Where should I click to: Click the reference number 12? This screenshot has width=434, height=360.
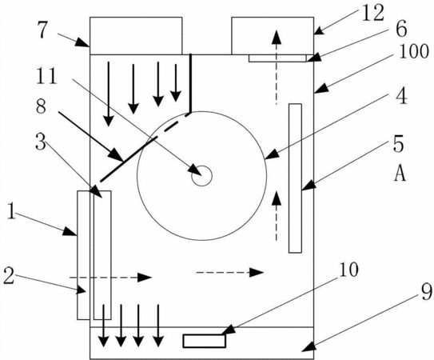tap(373, 13)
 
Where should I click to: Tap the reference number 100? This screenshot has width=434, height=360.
tap(414, 51)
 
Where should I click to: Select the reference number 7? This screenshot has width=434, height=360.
tap(43, 30)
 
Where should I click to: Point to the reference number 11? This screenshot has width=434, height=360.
tap(47, 76)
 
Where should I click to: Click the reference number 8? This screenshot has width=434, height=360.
tap(41, 106)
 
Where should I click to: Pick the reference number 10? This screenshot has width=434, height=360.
tap(348, 269)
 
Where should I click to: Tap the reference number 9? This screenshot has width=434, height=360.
tap(426, 292)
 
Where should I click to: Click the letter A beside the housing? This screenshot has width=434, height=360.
tap(400, 173)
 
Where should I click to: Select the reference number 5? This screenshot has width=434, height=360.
tap(399, 144)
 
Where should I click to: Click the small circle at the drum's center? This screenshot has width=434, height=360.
tap(201, 176)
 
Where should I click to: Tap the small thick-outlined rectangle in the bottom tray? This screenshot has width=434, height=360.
tap(205, 341)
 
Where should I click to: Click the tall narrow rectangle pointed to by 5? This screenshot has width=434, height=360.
tap(295, 178)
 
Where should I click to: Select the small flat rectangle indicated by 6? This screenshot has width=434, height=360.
tap(277, 58)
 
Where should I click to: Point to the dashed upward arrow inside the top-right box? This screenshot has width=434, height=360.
tap(277, 67)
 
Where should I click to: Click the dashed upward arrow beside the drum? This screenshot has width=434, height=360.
tap(277, 216)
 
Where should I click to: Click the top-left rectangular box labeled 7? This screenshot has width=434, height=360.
tap(136, 36)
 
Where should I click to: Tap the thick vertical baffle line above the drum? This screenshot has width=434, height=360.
tap(190, 83)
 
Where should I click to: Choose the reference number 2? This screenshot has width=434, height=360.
tap(9, 276)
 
